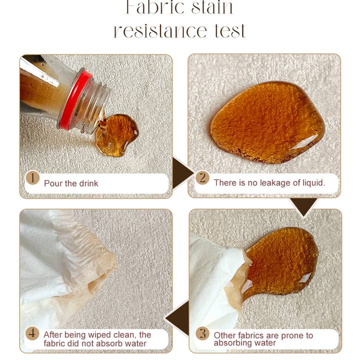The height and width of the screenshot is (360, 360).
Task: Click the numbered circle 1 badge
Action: (x=32, y=178)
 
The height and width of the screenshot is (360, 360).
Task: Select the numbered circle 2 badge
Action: (x=202, y=177)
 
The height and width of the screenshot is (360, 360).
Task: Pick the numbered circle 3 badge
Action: (x=202, y=333)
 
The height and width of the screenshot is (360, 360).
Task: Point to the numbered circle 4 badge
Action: (x=32, y=333)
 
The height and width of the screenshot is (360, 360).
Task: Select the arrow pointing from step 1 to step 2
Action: (x=182, y=172)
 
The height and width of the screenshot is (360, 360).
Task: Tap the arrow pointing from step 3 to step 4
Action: (x=178, y=318)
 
